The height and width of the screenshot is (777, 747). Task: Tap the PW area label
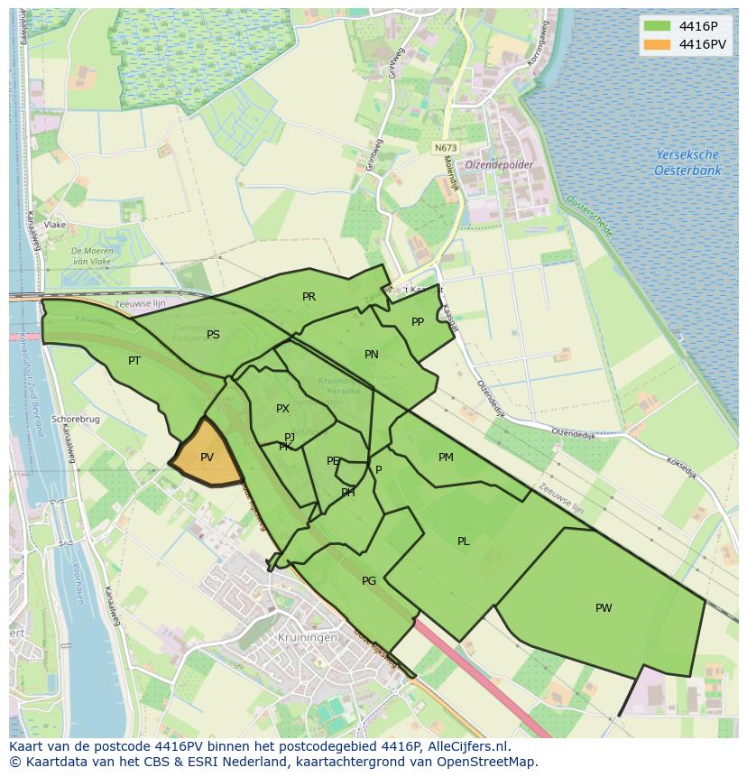604,608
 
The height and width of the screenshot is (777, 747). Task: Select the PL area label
463,541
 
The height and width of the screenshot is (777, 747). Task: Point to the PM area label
446,458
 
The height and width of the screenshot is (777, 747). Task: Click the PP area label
418,322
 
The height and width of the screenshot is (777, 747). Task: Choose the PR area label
309,297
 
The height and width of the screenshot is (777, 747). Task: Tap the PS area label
213,335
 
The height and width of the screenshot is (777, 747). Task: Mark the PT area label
134,361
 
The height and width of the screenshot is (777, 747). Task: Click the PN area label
371,355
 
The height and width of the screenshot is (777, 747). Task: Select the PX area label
282,409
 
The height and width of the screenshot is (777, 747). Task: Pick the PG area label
368,581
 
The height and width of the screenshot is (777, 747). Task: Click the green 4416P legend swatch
658,25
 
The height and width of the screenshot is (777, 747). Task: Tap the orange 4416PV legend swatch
658,43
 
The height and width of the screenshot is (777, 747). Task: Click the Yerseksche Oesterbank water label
687,162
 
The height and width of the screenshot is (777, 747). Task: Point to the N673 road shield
444,147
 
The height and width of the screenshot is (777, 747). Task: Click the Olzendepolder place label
499,165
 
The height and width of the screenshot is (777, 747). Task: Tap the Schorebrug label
75,420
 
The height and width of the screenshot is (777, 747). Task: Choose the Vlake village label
55,225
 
